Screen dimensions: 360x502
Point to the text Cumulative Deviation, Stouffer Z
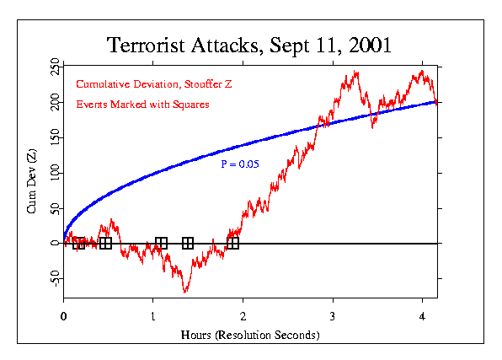[x=143, y=84]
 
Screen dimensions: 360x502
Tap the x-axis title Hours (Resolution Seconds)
[x=250, y=335]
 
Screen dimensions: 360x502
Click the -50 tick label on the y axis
[x=55, y=278]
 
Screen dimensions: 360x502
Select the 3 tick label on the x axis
[x=333, y=316]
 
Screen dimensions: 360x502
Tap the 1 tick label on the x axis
[x=153, y=316]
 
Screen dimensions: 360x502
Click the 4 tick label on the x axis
[x=423, y=316]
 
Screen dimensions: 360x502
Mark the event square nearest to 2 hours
[x=233, y=244]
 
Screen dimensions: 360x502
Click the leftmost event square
[x=78, y=244]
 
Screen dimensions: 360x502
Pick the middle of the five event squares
[x=161, y=244]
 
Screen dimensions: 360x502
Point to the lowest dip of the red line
[x=185, y=291]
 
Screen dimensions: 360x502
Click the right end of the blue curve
[x=435, y=102]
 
